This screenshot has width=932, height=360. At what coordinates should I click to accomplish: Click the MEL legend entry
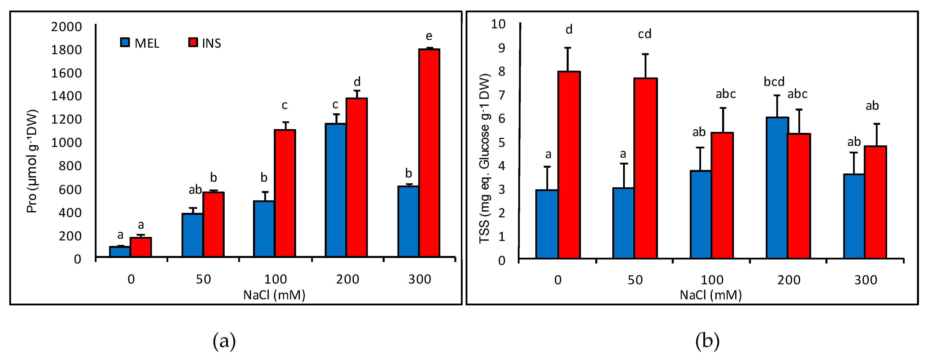coord(140,43)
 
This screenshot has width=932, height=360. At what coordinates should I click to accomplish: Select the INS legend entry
coord(205,43)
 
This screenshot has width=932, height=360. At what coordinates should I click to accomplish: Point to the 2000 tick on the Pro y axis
coord(67,27)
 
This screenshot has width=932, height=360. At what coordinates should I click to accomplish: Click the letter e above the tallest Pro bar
coord(429,36)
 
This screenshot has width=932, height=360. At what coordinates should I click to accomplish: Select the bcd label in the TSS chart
coord(774,82)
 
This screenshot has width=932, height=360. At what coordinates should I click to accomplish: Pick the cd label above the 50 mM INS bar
coord(644,34)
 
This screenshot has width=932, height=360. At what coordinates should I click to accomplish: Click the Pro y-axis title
coord(32,161)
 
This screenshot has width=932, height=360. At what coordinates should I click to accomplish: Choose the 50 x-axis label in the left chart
coord(203,279)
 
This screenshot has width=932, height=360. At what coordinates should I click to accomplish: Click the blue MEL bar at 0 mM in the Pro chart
coord(120,252)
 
